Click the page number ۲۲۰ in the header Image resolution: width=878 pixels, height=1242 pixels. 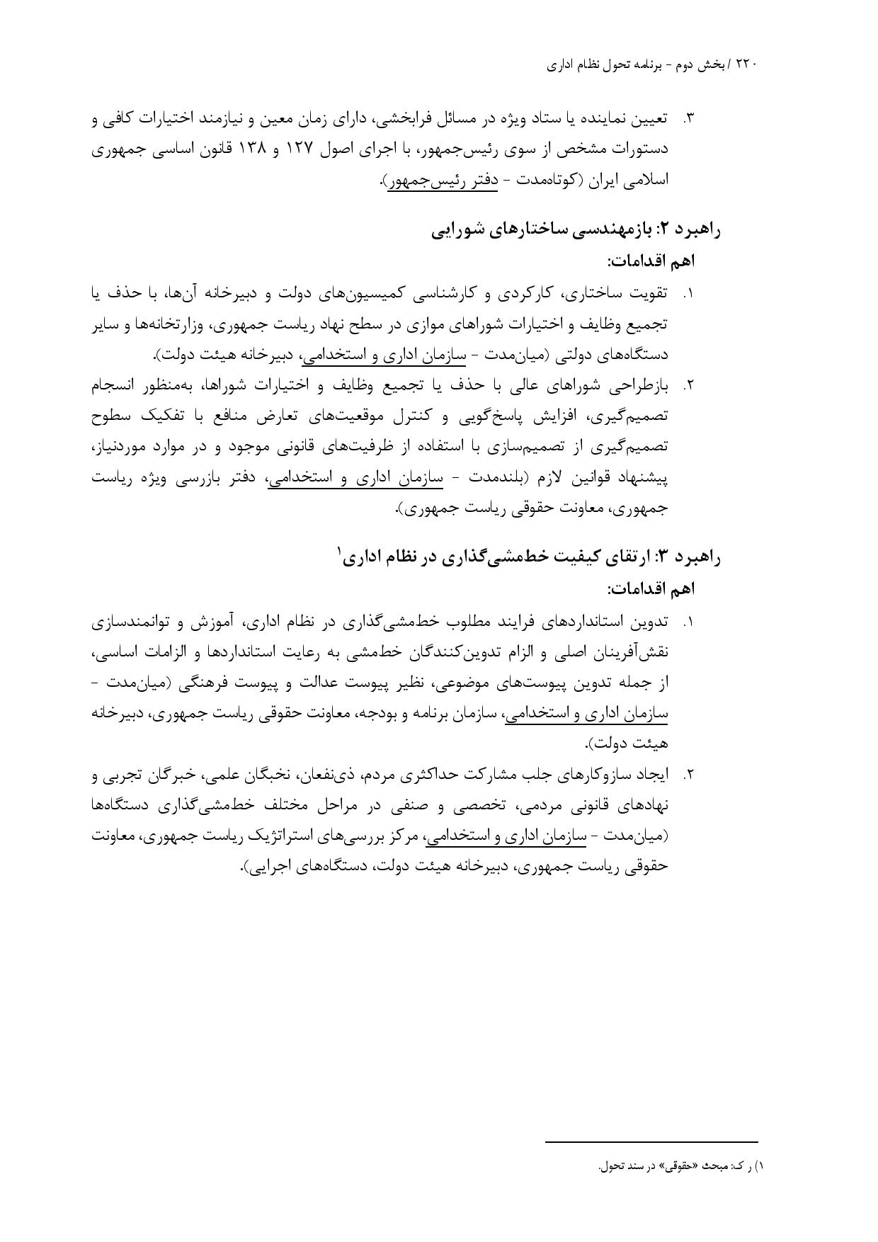[746, 64]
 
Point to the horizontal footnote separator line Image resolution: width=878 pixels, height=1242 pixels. [651, 1141]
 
